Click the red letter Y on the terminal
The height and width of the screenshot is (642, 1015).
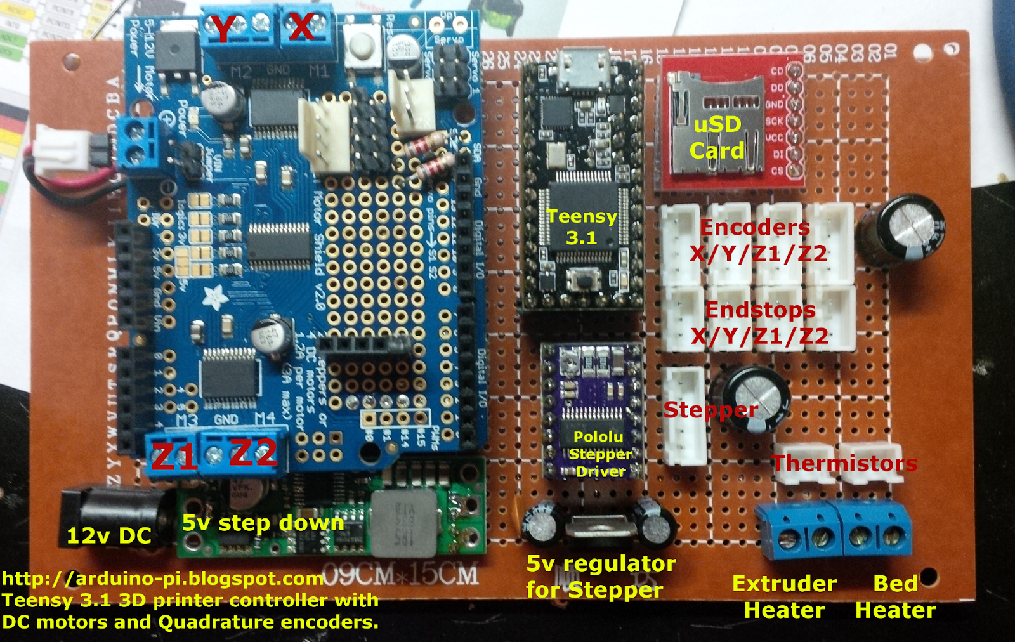tap(223, 29)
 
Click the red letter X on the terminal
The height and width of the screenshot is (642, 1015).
tap(301, 27)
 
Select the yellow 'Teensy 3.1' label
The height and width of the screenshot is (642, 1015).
tap(582, 226)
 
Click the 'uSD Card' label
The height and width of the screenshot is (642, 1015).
tap(717, 137)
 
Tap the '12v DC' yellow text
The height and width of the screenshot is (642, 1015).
tap(109, 536)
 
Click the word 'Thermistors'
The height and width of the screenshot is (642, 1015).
tap(844, 463)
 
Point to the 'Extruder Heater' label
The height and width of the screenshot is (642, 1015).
tap(784, 597)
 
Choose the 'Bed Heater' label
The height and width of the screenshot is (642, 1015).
tap(895, 597)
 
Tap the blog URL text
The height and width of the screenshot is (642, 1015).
tap(163, 579)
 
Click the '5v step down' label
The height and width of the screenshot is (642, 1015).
tap(263, 523)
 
